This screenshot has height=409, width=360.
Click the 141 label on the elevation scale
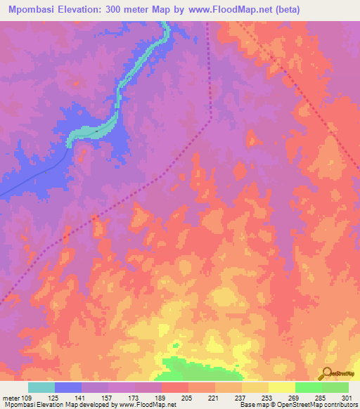[82, 398]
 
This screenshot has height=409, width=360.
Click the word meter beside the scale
[10, 398]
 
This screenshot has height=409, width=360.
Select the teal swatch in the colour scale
[41, 387]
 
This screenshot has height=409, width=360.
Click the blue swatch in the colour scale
[68, 387]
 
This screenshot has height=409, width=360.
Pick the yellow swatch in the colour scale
[282, 387]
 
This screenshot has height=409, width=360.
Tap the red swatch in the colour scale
[175, 387]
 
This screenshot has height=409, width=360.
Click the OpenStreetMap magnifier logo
[327, 372]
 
